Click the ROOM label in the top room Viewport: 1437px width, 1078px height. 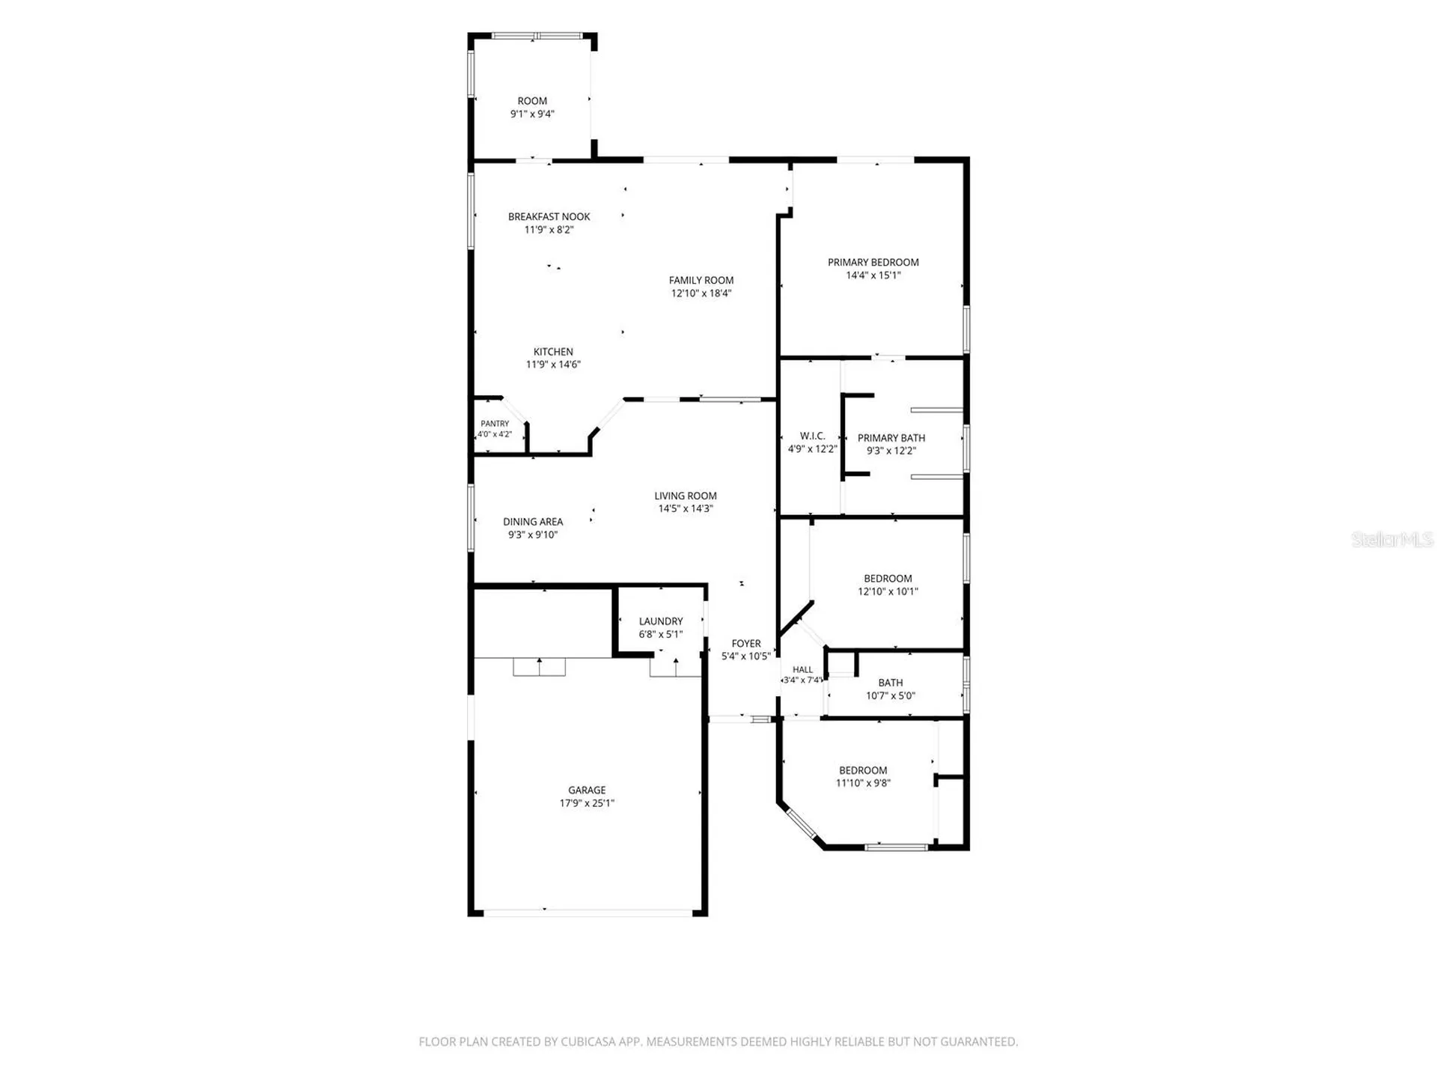tap(532, 101)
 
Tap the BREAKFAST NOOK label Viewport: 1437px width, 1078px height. tap(549, 217)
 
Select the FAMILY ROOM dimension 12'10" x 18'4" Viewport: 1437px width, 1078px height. tap(701, 293)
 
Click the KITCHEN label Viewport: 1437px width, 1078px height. tap(553, 352)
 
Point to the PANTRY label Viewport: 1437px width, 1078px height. tap(495, 424)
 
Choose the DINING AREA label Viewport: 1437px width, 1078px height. tap(533, 522)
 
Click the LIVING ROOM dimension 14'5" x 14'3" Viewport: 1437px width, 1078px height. tap(686, 509)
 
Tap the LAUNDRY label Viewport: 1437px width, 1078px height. tap(661, 621)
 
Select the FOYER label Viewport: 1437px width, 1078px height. tap(746, 644)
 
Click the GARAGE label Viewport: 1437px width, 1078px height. tap(587, 791)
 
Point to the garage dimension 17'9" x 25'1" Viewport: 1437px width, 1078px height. tap(587, 803)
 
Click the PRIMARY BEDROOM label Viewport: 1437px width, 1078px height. tap(873, 263)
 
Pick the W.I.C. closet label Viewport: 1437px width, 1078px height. tap(812, 436)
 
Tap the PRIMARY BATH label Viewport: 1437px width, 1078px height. tap(891, 438)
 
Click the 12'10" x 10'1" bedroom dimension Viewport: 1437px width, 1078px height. tap(888, 591)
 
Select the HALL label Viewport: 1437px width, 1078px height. tap(802, 670)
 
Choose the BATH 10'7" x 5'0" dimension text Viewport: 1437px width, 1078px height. tap(891, 696)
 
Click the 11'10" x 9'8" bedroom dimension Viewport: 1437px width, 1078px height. tap(863, 784)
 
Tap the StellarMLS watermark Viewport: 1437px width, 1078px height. tap(1392, 539)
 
